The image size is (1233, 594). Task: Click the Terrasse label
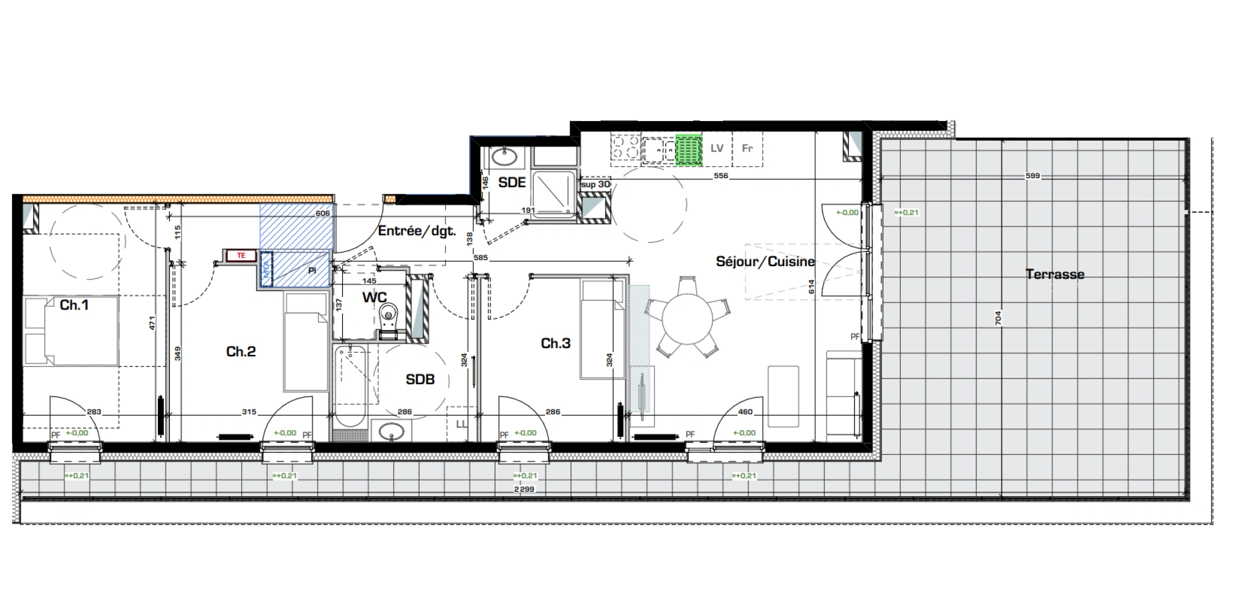(x=1054, y=274)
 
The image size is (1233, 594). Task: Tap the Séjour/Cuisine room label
(x=764, y=262)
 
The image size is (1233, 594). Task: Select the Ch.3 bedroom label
(x=555, y=344)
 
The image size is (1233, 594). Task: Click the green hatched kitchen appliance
(x=689, y=150)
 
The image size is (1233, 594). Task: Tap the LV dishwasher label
(x=716, y=148)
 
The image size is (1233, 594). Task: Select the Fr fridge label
(x=747, y=148)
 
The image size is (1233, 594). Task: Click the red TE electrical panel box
(x=241, y=256)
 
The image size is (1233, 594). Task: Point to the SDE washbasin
(x=504, y=157)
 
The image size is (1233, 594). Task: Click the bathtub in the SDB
(x=350, y=385)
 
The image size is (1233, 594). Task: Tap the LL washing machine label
(x=461, y=424)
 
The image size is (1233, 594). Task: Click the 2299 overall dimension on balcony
(x=524, y=489)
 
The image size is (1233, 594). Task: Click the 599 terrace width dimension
(x=1032, y=176)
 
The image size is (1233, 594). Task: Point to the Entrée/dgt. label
(x=417, y=232)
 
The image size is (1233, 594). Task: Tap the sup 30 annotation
(x=595, y=185)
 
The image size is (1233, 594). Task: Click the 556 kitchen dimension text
(x=720, y=176)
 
